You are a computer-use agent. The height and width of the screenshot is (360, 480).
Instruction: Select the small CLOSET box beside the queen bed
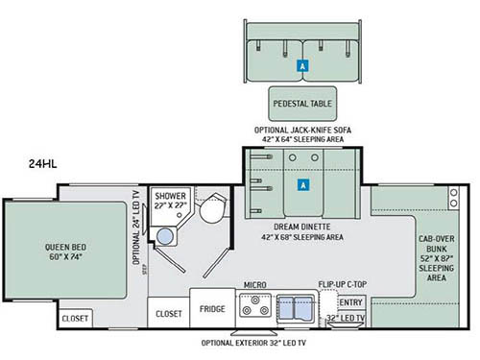75,318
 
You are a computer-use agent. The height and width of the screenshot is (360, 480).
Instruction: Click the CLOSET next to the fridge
168,311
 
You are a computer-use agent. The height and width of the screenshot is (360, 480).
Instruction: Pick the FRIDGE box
212,310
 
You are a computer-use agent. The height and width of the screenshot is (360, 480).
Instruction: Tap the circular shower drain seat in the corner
165,239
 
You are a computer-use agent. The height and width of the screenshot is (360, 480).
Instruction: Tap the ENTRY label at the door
350,303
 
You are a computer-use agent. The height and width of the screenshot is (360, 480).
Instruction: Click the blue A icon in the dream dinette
303,184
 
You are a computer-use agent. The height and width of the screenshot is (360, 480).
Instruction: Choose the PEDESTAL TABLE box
302,101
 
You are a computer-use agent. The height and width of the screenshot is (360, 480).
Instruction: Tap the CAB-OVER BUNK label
437,255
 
